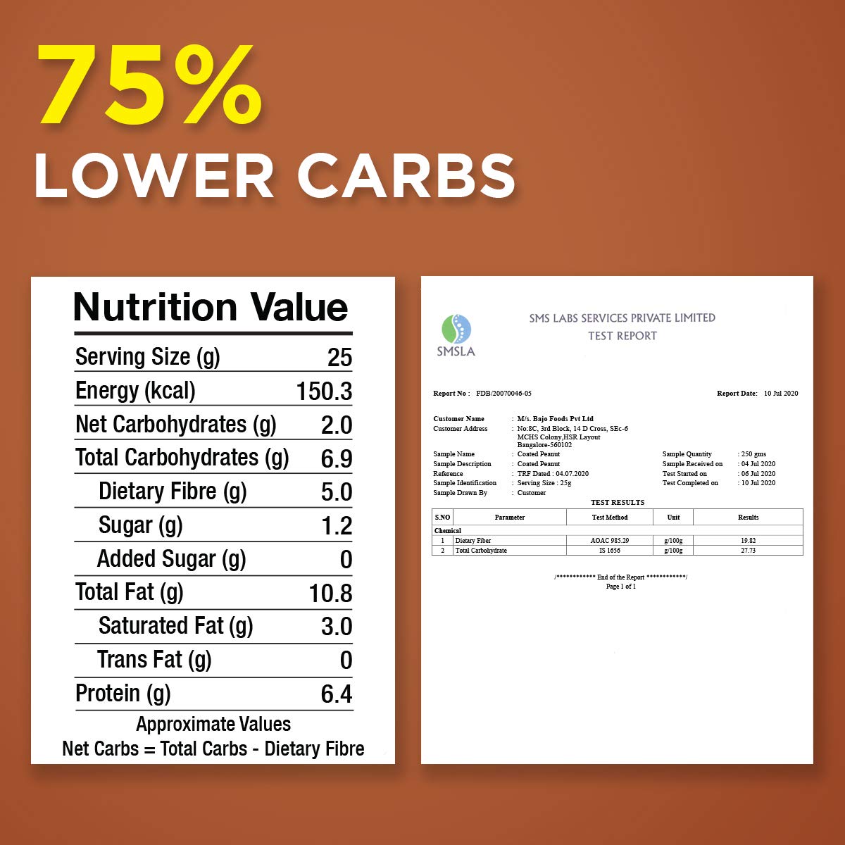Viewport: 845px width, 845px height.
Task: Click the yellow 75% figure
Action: point(150,87)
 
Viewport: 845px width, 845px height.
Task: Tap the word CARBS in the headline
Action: point(406,175)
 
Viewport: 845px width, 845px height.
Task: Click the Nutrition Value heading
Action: point(211,307)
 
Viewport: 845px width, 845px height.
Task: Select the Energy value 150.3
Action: point(324,392)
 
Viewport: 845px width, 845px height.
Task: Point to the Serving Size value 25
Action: point(339,358)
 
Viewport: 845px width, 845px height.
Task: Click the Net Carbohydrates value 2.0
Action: point(336,425)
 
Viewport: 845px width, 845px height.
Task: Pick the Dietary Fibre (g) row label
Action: point(173,492)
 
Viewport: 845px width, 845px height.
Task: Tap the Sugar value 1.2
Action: point(336,526)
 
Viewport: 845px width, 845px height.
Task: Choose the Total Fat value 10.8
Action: point(330,594)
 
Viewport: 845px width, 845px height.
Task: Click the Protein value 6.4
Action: point(336,694)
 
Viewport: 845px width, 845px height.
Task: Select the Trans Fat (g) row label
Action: point(154,660)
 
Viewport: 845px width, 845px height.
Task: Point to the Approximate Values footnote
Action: point(213,724)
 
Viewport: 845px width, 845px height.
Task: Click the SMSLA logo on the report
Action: point(456,336)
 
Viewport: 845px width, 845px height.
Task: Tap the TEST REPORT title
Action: point(622,336)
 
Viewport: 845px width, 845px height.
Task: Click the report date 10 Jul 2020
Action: point(781,394)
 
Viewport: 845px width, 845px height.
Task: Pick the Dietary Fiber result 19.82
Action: point(748,541)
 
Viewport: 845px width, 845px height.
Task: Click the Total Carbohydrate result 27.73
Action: point(748,551)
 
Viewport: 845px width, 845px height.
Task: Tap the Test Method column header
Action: point(610,518)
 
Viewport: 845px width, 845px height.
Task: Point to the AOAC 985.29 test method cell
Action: point(610,541)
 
